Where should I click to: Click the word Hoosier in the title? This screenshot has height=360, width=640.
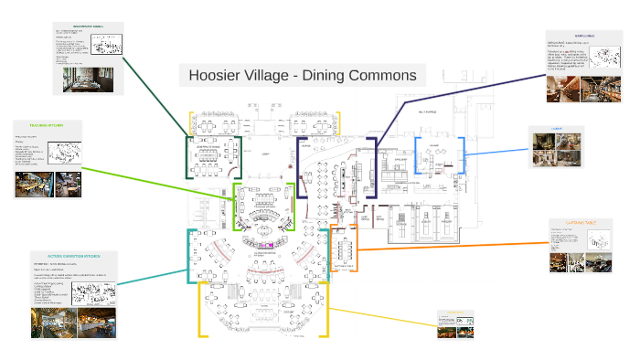(215, 75)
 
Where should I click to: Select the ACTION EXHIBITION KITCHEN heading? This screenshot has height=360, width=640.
(74, 256)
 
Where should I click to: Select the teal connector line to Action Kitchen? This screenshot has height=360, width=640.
(155, 274)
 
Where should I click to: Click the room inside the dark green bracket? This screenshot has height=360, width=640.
(213, 157)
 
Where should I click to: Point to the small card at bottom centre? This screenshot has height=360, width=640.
(456, 324)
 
